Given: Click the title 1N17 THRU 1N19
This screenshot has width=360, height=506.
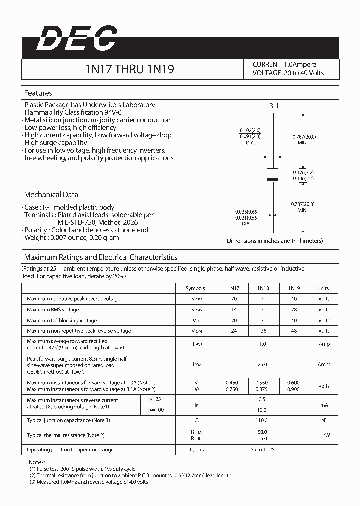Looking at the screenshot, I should click(130, 69).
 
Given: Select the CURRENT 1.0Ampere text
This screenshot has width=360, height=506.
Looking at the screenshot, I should click(284, 64).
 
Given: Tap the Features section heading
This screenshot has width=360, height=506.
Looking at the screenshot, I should click(38, 93).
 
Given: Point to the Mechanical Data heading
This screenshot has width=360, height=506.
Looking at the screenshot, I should click(51, 195).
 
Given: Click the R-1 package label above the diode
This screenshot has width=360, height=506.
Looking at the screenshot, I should click(273, 106).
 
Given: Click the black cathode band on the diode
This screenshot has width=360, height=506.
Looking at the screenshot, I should click(273, 178).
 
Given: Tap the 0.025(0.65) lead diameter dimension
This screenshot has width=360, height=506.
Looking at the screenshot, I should click(245, 212).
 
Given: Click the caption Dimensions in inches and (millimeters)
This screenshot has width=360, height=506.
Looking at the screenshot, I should click(275, 241).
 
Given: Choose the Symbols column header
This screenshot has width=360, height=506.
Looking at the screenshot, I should click(195, 288).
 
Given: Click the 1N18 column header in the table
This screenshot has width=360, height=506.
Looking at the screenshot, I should click(263, 288).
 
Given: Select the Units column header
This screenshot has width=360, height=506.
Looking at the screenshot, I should click(323, 288).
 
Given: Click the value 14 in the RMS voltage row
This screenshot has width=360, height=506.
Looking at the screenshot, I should click(234, 310).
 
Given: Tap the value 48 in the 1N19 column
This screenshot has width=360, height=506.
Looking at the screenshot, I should click(293, 331).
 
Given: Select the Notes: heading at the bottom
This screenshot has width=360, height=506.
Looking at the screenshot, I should click(37, 463).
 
